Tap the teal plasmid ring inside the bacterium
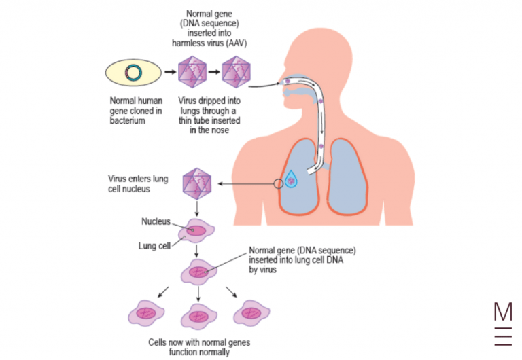(134, 73)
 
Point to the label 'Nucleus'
(156, 221)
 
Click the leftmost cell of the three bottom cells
(146, 314)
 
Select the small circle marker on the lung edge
(278, 183)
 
